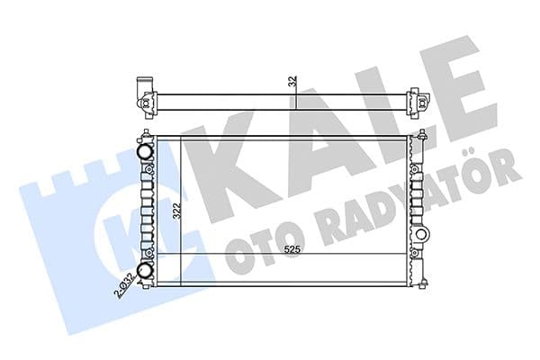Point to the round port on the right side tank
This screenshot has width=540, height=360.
click(420, 236)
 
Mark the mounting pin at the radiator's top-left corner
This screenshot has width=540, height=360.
click(144, 137)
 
